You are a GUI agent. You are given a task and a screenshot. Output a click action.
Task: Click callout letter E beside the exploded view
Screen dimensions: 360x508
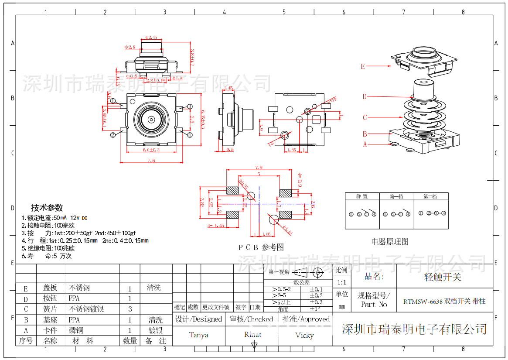pyautogui.click(x=362, y=67)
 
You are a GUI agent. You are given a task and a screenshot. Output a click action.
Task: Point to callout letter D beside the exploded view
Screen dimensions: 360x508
pyautogui.click(x=365, y=96)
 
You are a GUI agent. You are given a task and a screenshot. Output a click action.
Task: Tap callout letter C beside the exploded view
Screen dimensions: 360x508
pyautogui.click(x=365, y=117)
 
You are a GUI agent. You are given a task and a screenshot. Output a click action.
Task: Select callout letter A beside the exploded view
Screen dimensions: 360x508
pyautogui.click(x=365, y=144)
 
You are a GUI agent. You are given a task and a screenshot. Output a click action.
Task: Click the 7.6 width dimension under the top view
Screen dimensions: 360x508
pyautogui.click(x=151, y=161)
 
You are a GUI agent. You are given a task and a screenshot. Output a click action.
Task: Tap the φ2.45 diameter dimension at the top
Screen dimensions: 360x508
pyautogui.click(x=151, y=38)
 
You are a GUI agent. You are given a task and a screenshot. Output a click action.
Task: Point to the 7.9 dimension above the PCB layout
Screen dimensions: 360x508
pyautogui.click(x=258, y=167)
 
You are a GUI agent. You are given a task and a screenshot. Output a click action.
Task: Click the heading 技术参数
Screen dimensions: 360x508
pyautogui.click(x=47, y=208)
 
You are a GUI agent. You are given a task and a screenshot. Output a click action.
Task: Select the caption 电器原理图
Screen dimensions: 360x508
pyautogui.click(x=390, y=241)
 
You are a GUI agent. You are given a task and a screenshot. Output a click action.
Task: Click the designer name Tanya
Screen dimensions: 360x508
pyautogui.click(x=198, y=335)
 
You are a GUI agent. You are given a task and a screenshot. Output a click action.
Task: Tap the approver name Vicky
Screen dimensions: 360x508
pyautogui.click(x=304, y=335)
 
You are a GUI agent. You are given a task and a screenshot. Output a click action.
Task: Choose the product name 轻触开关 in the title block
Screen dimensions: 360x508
pyautogui.click(x=443, y=277)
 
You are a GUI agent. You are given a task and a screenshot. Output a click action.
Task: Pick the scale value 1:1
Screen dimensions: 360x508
pyautogui.click(x=341, y=282)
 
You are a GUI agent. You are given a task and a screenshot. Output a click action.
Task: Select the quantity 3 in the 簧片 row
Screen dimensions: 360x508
pyautogui.click(x=130, y=309)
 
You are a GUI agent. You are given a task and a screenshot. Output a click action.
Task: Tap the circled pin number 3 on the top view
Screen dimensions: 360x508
pyautogui.click(x=190, y=106)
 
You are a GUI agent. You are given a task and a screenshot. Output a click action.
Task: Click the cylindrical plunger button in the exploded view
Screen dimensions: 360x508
pyautogui.click(x=423, y=89)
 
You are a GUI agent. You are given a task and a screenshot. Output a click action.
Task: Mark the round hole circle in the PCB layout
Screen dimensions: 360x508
pyautogui.click(x=273, y=219)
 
